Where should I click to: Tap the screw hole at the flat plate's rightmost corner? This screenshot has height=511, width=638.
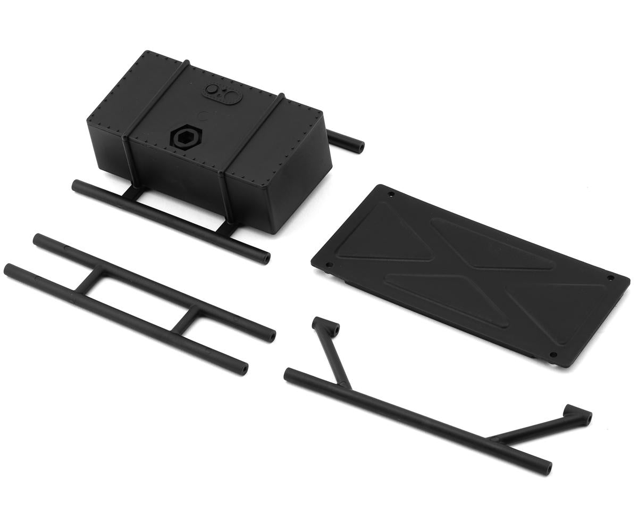pos(610,278)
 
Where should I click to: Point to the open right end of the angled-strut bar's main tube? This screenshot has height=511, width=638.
pos(548,468)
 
